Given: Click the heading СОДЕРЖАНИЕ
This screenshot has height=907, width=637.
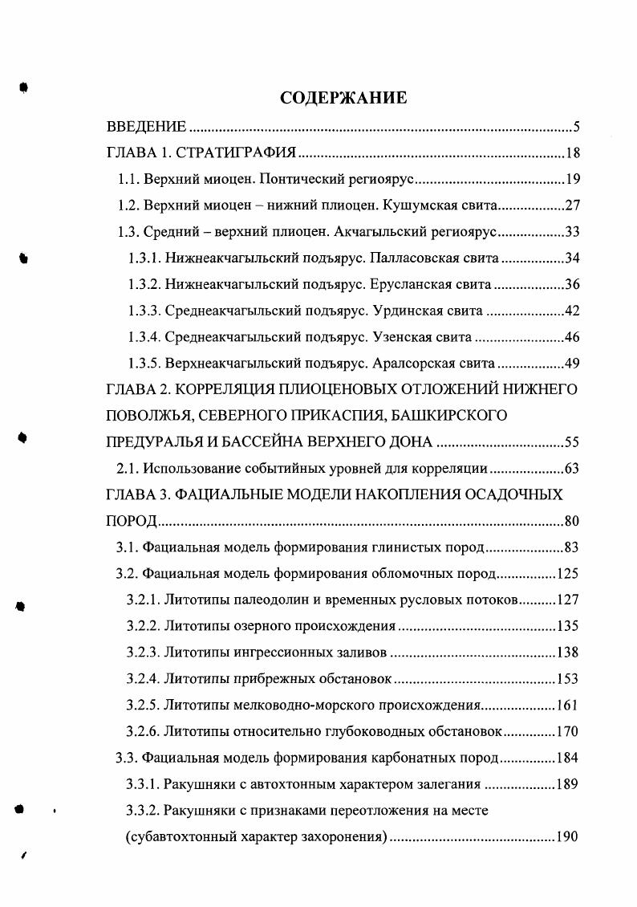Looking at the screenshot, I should click(343, 98).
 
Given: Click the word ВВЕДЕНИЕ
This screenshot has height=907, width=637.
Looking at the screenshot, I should click(147, 128).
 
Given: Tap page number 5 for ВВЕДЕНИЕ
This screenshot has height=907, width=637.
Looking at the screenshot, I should click(575, 128).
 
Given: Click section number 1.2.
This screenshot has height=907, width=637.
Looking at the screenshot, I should click(130, 206).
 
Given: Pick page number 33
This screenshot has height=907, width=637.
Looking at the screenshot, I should click(571, 233).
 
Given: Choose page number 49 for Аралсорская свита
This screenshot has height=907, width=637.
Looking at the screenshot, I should click(571, 364).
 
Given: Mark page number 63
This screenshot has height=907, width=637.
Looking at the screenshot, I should click(571, 469).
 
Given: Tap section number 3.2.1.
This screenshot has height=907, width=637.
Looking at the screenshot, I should click(144, 600).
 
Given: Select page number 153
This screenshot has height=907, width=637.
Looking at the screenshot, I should click(567, 679).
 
